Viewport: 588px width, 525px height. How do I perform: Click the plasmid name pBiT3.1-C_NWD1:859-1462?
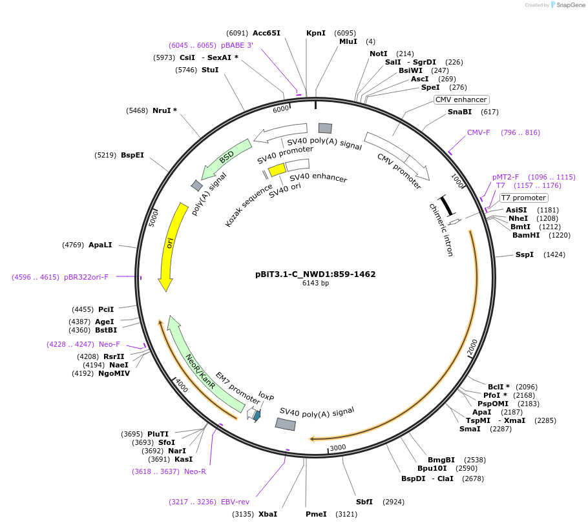(315, 274)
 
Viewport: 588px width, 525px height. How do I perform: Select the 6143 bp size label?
(315, 283)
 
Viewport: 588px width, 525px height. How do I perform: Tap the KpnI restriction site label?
(316, 33)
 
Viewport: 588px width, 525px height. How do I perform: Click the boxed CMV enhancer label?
(461, 99)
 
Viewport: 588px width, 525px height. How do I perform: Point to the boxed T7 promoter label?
(524, 198)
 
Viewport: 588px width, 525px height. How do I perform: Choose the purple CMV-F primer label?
(479, 132)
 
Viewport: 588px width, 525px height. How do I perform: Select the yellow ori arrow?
(169, 245)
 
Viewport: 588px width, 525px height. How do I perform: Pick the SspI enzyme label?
(524, 254)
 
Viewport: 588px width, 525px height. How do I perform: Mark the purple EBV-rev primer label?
(235, 502)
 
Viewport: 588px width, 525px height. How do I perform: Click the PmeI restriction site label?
(316, 514)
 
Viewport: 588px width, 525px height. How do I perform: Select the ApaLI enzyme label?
(100, 245)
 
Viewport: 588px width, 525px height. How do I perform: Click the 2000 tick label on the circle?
(473, 347)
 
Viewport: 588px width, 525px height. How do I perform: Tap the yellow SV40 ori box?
(277, 169)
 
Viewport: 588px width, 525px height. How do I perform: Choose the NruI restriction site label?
(165, 110)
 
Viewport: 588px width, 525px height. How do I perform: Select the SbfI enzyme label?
(364, 502)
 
